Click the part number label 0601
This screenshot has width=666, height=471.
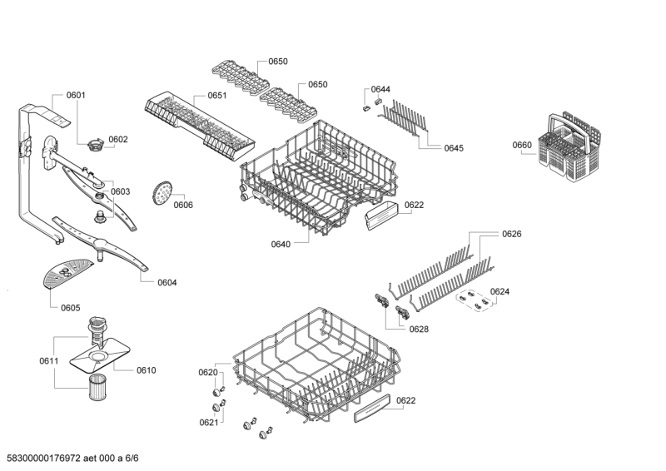pyautogui.click(x=76, y=95)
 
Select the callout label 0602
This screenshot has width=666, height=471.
pyautogui.click(x=118, y=139)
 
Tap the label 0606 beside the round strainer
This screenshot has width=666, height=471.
pyautogui.click(x=183, y=205)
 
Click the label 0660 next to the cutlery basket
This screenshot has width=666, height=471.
pyautogui.click(x=522, y=145)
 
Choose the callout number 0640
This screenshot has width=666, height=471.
pyautogui.click(x=281, y=244)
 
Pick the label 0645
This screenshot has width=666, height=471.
pyautogui.click(x=454, y=148)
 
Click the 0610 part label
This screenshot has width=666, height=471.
pyautogui.click(x=146, y=369)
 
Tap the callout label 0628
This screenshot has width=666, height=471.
pyautogui.click(x=419, y=329)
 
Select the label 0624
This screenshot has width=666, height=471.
pyautogui.click(x=499, y=291)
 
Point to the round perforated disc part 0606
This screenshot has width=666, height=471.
pyautogui.click(x=161, y=193)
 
